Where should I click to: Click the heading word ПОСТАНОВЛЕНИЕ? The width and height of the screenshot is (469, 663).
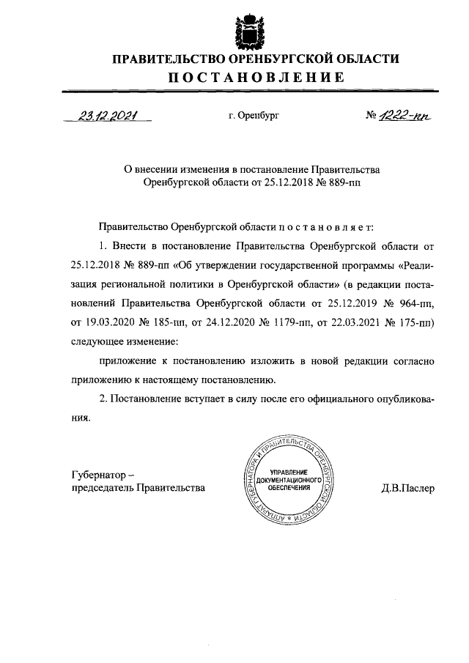(254, 77)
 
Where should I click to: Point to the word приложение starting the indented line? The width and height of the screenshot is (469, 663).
(127, 361)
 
